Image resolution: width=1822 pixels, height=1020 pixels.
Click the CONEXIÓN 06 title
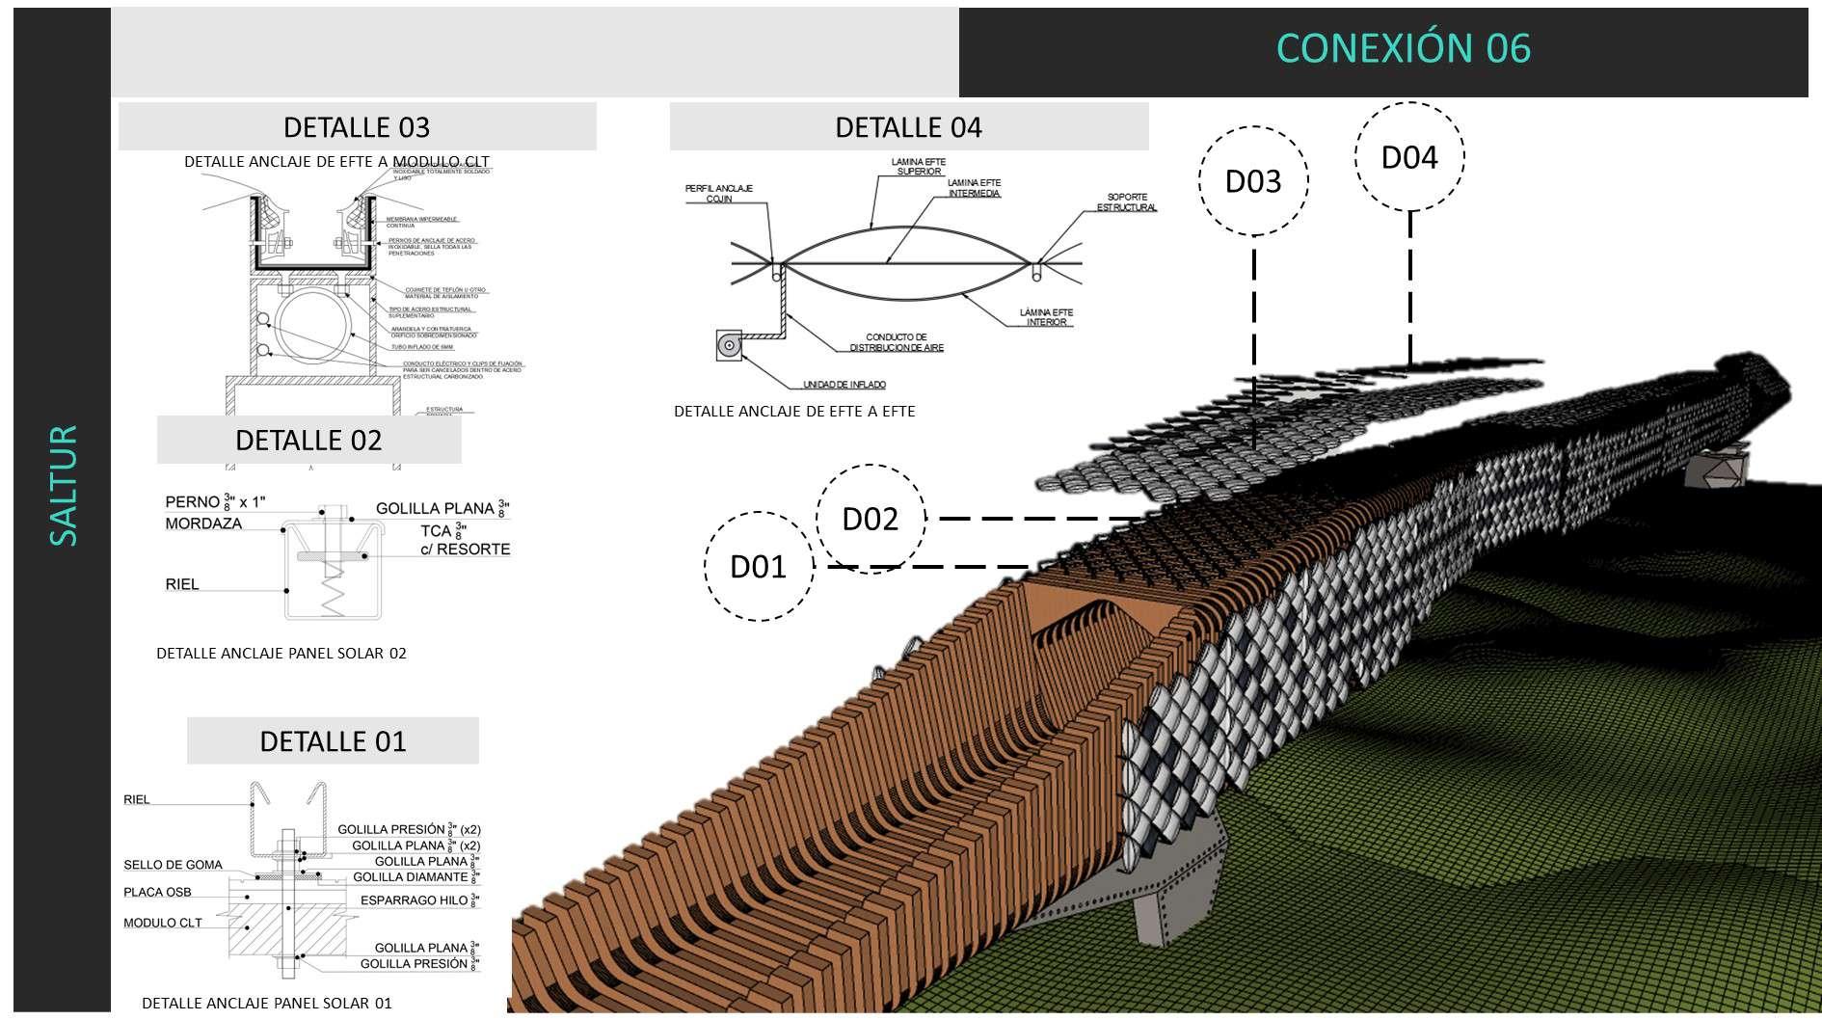tap(1403, 48)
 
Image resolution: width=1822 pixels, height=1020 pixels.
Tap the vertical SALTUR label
tap(63, 486)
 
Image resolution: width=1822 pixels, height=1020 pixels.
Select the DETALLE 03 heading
tap(357, 127)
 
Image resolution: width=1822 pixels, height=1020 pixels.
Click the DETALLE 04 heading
tap(908, 127)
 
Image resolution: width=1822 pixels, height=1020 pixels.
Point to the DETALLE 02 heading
tap(308, 441)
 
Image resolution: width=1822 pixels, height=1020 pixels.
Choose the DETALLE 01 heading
tap(333, 741)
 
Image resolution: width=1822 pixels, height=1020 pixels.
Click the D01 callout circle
tap(758, 566)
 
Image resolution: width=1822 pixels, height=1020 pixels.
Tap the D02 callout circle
tap(870, 519)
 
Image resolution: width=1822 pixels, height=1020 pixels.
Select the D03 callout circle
tap(1253, 181)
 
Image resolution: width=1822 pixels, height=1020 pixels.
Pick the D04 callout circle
tap(1409, 157)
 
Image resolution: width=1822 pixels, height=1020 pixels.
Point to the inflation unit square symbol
tap(730, 345)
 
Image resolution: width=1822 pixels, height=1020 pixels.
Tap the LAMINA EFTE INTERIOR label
tap(1046, 317)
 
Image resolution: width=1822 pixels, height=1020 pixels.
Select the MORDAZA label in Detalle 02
tap(203, 523)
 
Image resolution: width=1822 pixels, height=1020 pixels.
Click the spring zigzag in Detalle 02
tap(332, 588)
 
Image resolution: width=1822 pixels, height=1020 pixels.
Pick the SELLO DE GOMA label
tap(173, 865)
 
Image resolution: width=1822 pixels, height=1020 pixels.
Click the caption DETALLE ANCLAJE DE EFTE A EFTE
tap(794, 412)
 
